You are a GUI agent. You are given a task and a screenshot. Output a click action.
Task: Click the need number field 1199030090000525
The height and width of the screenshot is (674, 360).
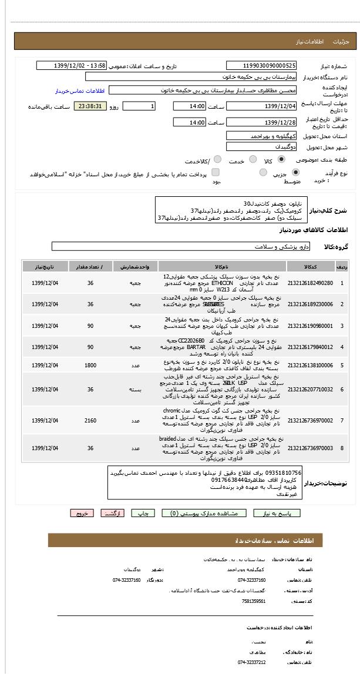[262, 66]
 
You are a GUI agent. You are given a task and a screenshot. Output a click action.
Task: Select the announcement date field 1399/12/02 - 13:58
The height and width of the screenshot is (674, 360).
[71, 66]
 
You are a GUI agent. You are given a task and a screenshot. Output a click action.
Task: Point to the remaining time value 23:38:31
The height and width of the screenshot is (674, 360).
[90, 106]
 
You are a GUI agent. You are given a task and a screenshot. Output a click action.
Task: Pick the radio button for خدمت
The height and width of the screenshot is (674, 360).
[253, 159]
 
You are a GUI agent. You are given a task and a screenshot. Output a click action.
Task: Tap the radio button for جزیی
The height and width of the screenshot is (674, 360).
[295, 172]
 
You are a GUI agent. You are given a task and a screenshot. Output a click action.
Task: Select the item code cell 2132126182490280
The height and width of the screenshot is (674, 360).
[310, 283]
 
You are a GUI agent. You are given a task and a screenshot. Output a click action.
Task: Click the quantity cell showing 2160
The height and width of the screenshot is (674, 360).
[90, 420]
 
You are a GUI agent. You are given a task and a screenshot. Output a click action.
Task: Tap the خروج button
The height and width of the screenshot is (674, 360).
[82, 513]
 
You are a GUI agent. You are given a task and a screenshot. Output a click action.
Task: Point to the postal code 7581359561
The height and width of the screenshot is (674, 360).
[254, 601]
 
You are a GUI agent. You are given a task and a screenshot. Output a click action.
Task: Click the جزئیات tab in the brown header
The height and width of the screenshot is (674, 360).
[341, 42]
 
